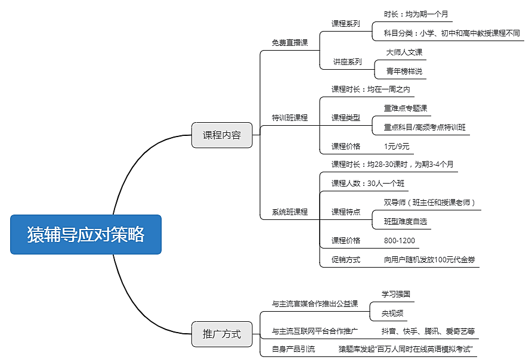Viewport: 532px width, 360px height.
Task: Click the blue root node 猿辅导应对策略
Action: (86, 234)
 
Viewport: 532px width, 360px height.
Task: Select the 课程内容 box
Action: (222, 135)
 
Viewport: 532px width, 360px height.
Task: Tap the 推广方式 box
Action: (222, 334)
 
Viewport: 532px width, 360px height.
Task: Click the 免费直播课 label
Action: (290, 43)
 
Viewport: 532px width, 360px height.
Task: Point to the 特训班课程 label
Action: (290, 118)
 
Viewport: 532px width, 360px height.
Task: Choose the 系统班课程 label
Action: (290, 212)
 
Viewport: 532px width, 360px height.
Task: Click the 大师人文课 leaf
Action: (404, 52)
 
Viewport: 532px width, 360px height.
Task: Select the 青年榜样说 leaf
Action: (404, 72)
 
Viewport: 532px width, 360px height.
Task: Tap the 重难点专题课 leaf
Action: (406, 108)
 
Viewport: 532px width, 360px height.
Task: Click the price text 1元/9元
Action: (397, 147)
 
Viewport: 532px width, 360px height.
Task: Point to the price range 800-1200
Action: (400, 241)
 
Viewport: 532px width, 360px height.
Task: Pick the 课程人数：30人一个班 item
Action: (368, 184)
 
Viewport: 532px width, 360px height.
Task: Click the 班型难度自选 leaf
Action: (406, 222)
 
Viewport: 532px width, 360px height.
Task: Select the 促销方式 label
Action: (346, 260)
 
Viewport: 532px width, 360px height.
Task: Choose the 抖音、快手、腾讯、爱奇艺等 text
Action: (428, 331)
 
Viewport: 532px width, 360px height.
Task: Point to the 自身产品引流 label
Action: (293, 349)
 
